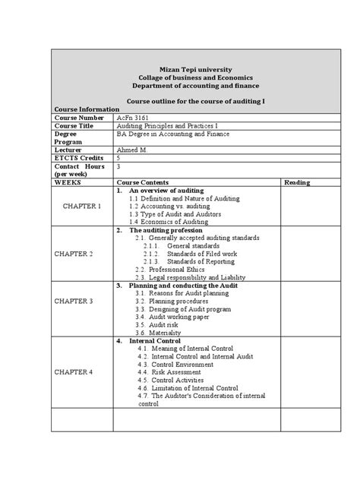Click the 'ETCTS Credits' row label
[x=78, y=158]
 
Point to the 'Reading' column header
[x=296, y=182]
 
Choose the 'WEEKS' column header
[x=68, y=182]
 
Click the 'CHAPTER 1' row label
[x=81, y=206]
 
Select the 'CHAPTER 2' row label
[x=81, y=253]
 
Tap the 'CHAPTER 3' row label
[x=81, y=301]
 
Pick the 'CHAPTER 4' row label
[x=81, y=372]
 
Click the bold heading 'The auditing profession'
[x=166, y=229]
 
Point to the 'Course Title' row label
[x=74, y=126]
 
